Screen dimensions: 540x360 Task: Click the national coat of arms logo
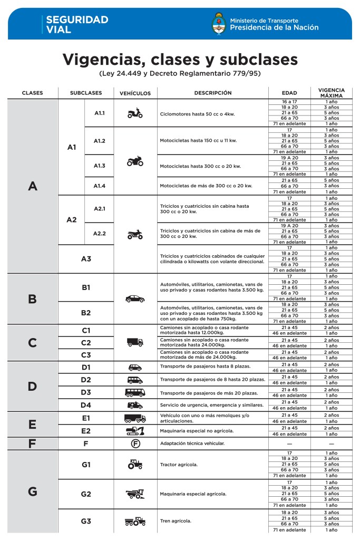click(x=219, y=24)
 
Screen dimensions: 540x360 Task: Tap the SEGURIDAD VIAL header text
click(x=77, y=24)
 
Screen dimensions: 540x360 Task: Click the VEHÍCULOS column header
click(x=135, y=93)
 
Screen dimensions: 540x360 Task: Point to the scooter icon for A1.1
click(x=135, y=113)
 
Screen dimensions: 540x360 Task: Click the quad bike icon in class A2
click(x=135, y=234)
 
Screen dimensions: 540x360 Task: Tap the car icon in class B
click(x=135, y=298)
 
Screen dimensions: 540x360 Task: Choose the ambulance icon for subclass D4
click(x=135, y=405)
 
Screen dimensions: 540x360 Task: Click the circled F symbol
click(x=135, y=443)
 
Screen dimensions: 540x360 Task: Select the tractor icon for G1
click(x=135, y=465)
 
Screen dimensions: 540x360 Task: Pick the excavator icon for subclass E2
click(x=135, y=431)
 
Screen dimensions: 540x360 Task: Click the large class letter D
click(x=32, y=387)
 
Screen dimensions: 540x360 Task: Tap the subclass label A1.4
click(x=100, y=186)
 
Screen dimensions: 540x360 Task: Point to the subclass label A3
click(x=86, y=259)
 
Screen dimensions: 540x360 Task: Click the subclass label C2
click(x=86, y=343)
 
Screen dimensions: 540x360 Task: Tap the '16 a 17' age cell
click(x=289, y=102)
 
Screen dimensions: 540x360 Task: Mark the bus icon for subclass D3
click(x=135, y=392)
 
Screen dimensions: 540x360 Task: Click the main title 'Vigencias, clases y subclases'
click(x=180, y=59)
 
